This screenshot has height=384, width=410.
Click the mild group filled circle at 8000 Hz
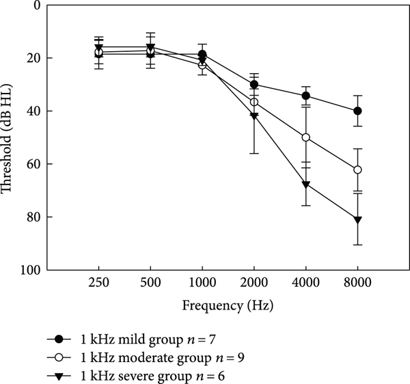coord(357,111)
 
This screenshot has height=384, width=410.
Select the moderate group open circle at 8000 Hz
coord(357,169)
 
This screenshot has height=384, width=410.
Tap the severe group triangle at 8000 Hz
coord(357,220)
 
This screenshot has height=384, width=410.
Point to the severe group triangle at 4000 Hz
coord(306,184)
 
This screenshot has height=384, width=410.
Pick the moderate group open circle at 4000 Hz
coord(305,137)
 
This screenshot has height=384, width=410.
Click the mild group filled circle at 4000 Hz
coord(305,96)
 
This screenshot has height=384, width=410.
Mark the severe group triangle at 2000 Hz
coord(254,116)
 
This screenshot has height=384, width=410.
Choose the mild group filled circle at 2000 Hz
coord(254,85)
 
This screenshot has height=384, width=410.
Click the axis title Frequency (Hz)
coord(228,306)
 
